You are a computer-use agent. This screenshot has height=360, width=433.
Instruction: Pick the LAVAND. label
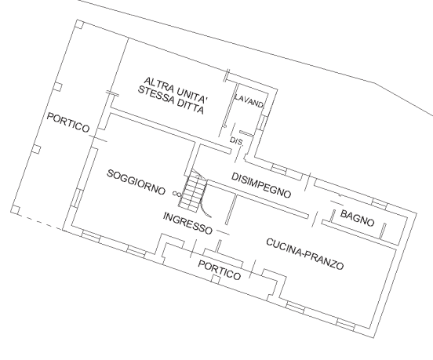(x=249, y=103)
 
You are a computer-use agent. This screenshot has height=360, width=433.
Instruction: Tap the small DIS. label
(x=235, y=140)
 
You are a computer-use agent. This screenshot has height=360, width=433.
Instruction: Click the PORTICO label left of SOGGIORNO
(x=68, y=122)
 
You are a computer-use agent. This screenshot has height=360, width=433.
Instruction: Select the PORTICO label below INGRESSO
(x=219, y=269)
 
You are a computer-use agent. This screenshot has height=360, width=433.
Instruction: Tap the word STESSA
(x=154, y=94)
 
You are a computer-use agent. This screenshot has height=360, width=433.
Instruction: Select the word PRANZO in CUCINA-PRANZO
(x=326, y=260)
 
